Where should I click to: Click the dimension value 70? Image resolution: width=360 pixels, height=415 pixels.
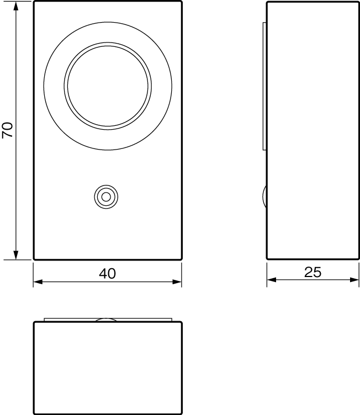tap(7, 130)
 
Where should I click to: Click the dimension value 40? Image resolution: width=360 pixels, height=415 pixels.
tap(108, 273)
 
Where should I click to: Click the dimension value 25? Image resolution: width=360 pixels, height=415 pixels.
tap(313, 273)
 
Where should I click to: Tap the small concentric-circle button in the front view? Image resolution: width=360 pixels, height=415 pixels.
tap(105, 196)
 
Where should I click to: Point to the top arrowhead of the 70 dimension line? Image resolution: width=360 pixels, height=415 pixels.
tap(16, 6)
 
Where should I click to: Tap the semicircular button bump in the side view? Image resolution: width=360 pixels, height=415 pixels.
tap(264, 196)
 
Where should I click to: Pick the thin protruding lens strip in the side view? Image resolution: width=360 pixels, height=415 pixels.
tap(264, 86)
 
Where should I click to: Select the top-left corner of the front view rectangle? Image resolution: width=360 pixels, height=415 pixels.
tap(34, 2)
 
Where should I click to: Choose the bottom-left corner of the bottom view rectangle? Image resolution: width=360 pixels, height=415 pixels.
tap(34, 413)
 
